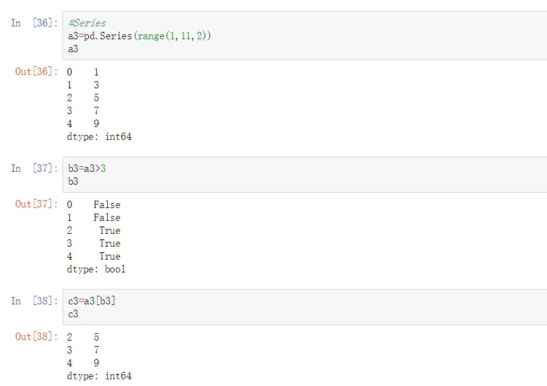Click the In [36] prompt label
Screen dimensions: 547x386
click(x=34, y=23)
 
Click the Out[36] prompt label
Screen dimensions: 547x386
click(x=36, y=72)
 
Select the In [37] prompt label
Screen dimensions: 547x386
click(x=34, y=168)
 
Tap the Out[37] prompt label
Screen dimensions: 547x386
click(x=36, y=204)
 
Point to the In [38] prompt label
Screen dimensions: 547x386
click(x=34, y=301)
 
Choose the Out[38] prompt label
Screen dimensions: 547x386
click(x=36, y=337)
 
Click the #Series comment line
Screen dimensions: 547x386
click(x=87, y=23)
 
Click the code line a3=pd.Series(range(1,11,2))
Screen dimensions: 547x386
click(x=139, y=36)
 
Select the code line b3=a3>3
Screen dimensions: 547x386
click(x=87, y=169)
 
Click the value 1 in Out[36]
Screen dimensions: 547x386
click(x=96, y=72)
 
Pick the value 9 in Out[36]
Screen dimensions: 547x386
click(x=96, y=124)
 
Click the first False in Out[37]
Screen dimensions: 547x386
click(x=107, y=205)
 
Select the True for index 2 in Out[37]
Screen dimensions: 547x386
click(x=110, y=231)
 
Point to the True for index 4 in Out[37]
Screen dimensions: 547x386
click(x=110, y=257)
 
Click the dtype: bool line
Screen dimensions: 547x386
click(x=96, y=269)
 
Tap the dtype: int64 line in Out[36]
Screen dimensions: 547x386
click(x=99, y=137)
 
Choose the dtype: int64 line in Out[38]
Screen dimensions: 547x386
click(x=99, y=376)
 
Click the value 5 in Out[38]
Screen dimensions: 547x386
click(x=96, y=338)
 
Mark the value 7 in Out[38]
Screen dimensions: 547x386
click(x=96, y=350)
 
